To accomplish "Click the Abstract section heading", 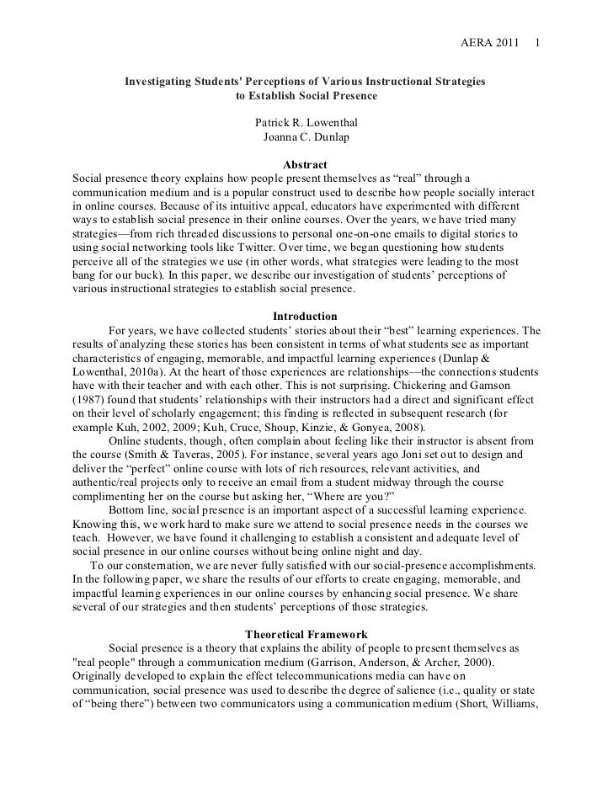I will pyautogui.click(x=306, y=164).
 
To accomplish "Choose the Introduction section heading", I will pyautogui.click(x=306, y=317).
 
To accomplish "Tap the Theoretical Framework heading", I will pyautogui.click(x=306, y=634).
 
